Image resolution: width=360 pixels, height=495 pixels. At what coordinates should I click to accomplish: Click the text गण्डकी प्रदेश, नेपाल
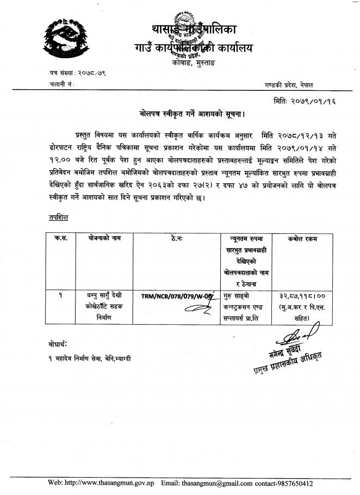click(x=293, y=85)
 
